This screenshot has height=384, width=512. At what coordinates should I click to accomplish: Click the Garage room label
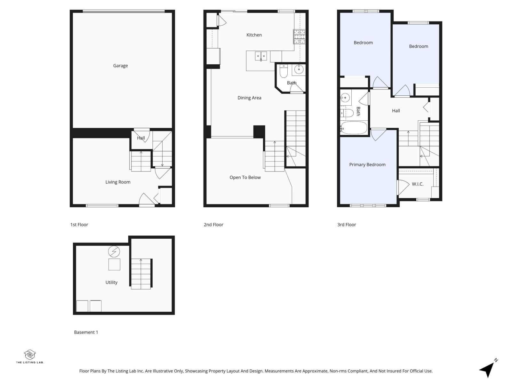pos(120,66)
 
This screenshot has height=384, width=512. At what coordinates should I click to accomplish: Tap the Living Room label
pos(118,182)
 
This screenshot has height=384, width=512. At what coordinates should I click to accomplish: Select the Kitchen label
pos(254,35)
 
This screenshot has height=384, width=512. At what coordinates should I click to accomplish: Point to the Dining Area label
pos(249,98)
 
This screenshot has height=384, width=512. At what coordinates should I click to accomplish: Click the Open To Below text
pos(245,177)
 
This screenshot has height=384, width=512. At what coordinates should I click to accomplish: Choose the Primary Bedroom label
pos(367,164)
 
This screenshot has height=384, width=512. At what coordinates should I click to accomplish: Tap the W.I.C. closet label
pos(418,184)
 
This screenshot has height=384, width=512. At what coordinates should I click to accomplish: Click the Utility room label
pos(111,282)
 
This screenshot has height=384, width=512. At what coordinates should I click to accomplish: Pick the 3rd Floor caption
pos(347,225)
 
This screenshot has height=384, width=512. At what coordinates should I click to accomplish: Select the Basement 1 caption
pos(86,332)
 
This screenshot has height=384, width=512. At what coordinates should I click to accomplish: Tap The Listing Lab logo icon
pos(30,354)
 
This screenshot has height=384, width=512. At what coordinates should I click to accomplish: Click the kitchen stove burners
pos(300,36)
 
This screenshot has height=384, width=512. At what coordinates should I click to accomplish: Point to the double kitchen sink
pos(261,56)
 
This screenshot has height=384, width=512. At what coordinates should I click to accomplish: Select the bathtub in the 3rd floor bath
pos(354,128)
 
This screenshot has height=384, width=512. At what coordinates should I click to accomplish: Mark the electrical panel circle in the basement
pos(114,252)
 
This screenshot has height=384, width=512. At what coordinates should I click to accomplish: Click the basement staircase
pos(141,274)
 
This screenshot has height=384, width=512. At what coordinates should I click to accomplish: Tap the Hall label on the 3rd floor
pos(396,111)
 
